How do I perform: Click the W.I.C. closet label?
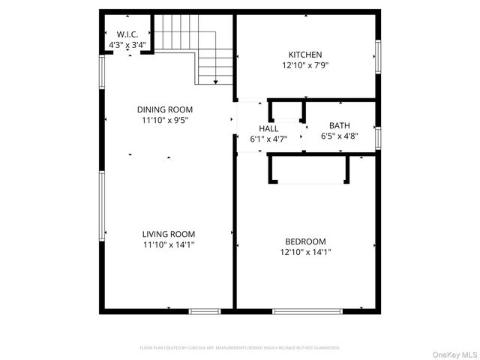coord(127,34)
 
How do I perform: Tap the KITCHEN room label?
coord(305,55)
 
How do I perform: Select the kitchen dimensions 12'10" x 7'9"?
coord(305,65)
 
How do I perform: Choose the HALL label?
coord(268,129)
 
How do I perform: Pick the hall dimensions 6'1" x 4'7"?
coord(268,139)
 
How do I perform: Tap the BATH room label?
coord(340,126)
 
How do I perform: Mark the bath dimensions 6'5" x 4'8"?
coord(340,136)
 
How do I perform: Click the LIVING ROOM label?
coord(169,234)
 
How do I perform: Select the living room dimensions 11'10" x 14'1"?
coord(169,244)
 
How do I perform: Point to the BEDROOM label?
coord(305,241)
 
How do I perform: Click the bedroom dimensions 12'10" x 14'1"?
coord(305,252)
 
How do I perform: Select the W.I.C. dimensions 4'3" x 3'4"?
coord(127,46)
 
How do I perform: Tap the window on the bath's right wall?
coord(379,138)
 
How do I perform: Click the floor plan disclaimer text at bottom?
coord(240,348)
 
